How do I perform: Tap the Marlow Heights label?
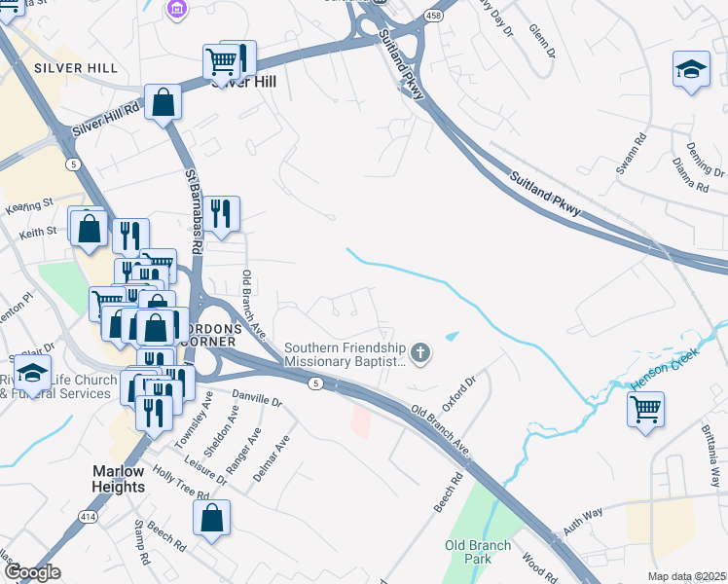119,479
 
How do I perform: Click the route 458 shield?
433,16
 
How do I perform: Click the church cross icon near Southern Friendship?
420,352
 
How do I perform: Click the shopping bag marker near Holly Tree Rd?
211,519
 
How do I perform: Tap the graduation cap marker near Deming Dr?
691,69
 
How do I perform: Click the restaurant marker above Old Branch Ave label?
222,214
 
